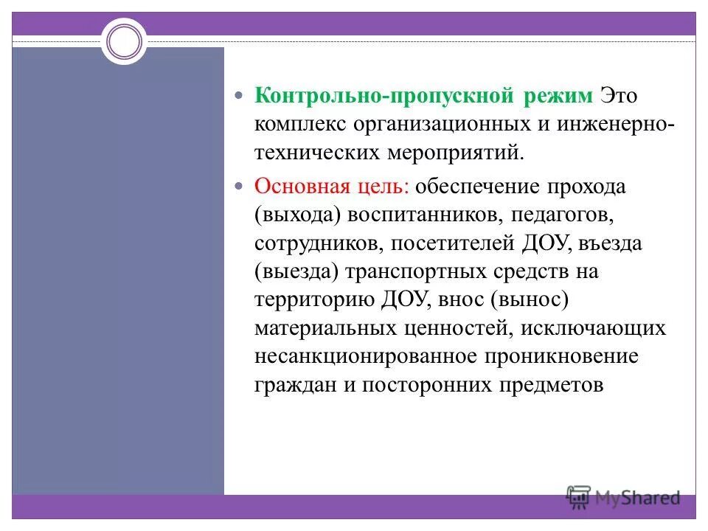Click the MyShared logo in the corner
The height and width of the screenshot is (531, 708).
pyautogui.click(x=623, y=498)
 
